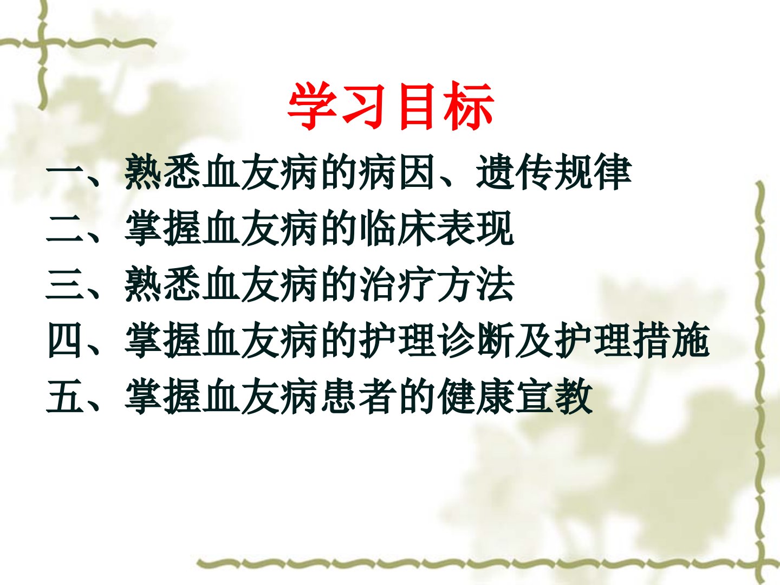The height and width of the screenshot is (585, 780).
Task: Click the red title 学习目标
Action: coord(391,106)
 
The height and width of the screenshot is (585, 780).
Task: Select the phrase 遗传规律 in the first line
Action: coord(554,172)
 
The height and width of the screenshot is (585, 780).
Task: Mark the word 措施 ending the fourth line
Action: coord(671,340)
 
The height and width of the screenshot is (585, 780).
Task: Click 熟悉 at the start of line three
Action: coord(162,284)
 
